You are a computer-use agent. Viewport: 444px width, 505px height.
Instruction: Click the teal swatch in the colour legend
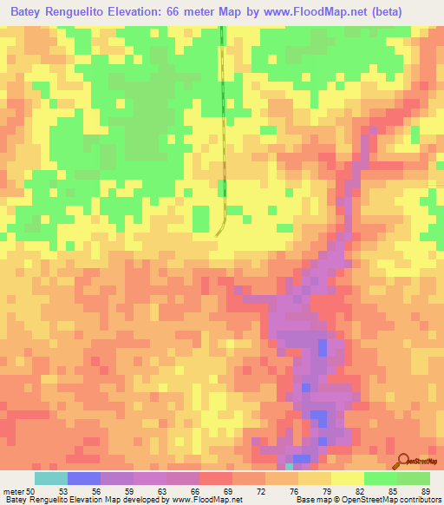51,478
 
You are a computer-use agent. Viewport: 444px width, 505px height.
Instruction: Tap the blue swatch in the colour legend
84,478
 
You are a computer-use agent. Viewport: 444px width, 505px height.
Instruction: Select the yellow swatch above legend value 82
347,478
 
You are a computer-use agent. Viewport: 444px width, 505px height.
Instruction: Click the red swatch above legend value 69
215,478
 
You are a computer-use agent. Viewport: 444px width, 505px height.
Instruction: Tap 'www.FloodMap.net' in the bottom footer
206,500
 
